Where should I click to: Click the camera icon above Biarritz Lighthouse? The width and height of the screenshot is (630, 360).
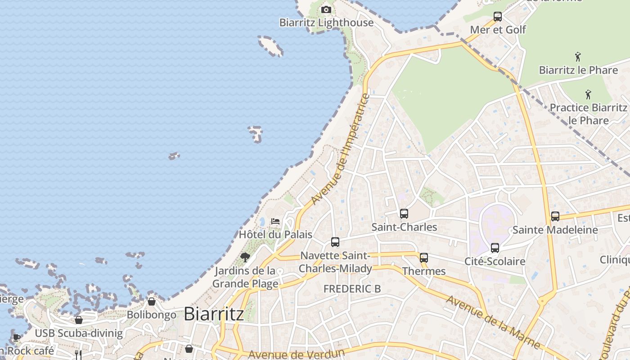coord(326,9)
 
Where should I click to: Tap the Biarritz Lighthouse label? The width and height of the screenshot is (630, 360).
coord(326,22)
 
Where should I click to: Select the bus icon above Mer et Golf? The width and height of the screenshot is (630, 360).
coord(497,17)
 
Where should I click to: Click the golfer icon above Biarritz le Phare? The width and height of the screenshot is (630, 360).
coord(578,57)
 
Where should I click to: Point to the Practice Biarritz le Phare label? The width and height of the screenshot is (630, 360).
coord(588,114)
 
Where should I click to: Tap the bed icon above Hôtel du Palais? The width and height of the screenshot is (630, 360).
coord(275,221)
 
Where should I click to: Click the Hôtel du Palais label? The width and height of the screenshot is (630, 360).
coord(275,234)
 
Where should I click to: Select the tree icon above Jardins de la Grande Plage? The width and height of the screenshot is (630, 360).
coord(245,257)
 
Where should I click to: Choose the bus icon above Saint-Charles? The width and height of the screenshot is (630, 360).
coord(404,214)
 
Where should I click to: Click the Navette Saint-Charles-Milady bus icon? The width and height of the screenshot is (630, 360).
coord(335,242)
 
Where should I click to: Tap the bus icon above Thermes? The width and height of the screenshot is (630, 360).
coord(424,258)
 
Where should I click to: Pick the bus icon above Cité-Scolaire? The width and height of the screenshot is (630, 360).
coord(495,248)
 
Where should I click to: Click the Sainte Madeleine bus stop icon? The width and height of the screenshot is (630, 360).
coord(555,216)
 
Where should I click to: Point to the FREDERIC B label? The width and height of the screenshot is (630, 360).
coord(352,289)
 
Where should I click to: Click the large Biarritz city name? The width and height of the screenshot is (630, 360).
coord(214,314)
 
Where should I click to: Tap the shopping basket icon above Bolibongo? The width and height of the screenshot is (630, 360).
coord(152,301)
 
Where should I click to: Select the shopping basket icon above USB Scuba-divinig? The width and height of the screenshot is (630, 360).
coord(79,320)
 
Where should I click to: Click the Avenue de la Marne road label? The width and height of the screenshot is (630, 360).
coord(492,321)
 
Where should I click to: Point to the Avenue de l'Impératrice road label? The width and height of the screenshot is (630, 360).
coord(340,149)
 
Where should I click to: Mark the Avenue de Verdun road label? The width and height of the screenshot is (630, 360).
coord(296,354)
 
